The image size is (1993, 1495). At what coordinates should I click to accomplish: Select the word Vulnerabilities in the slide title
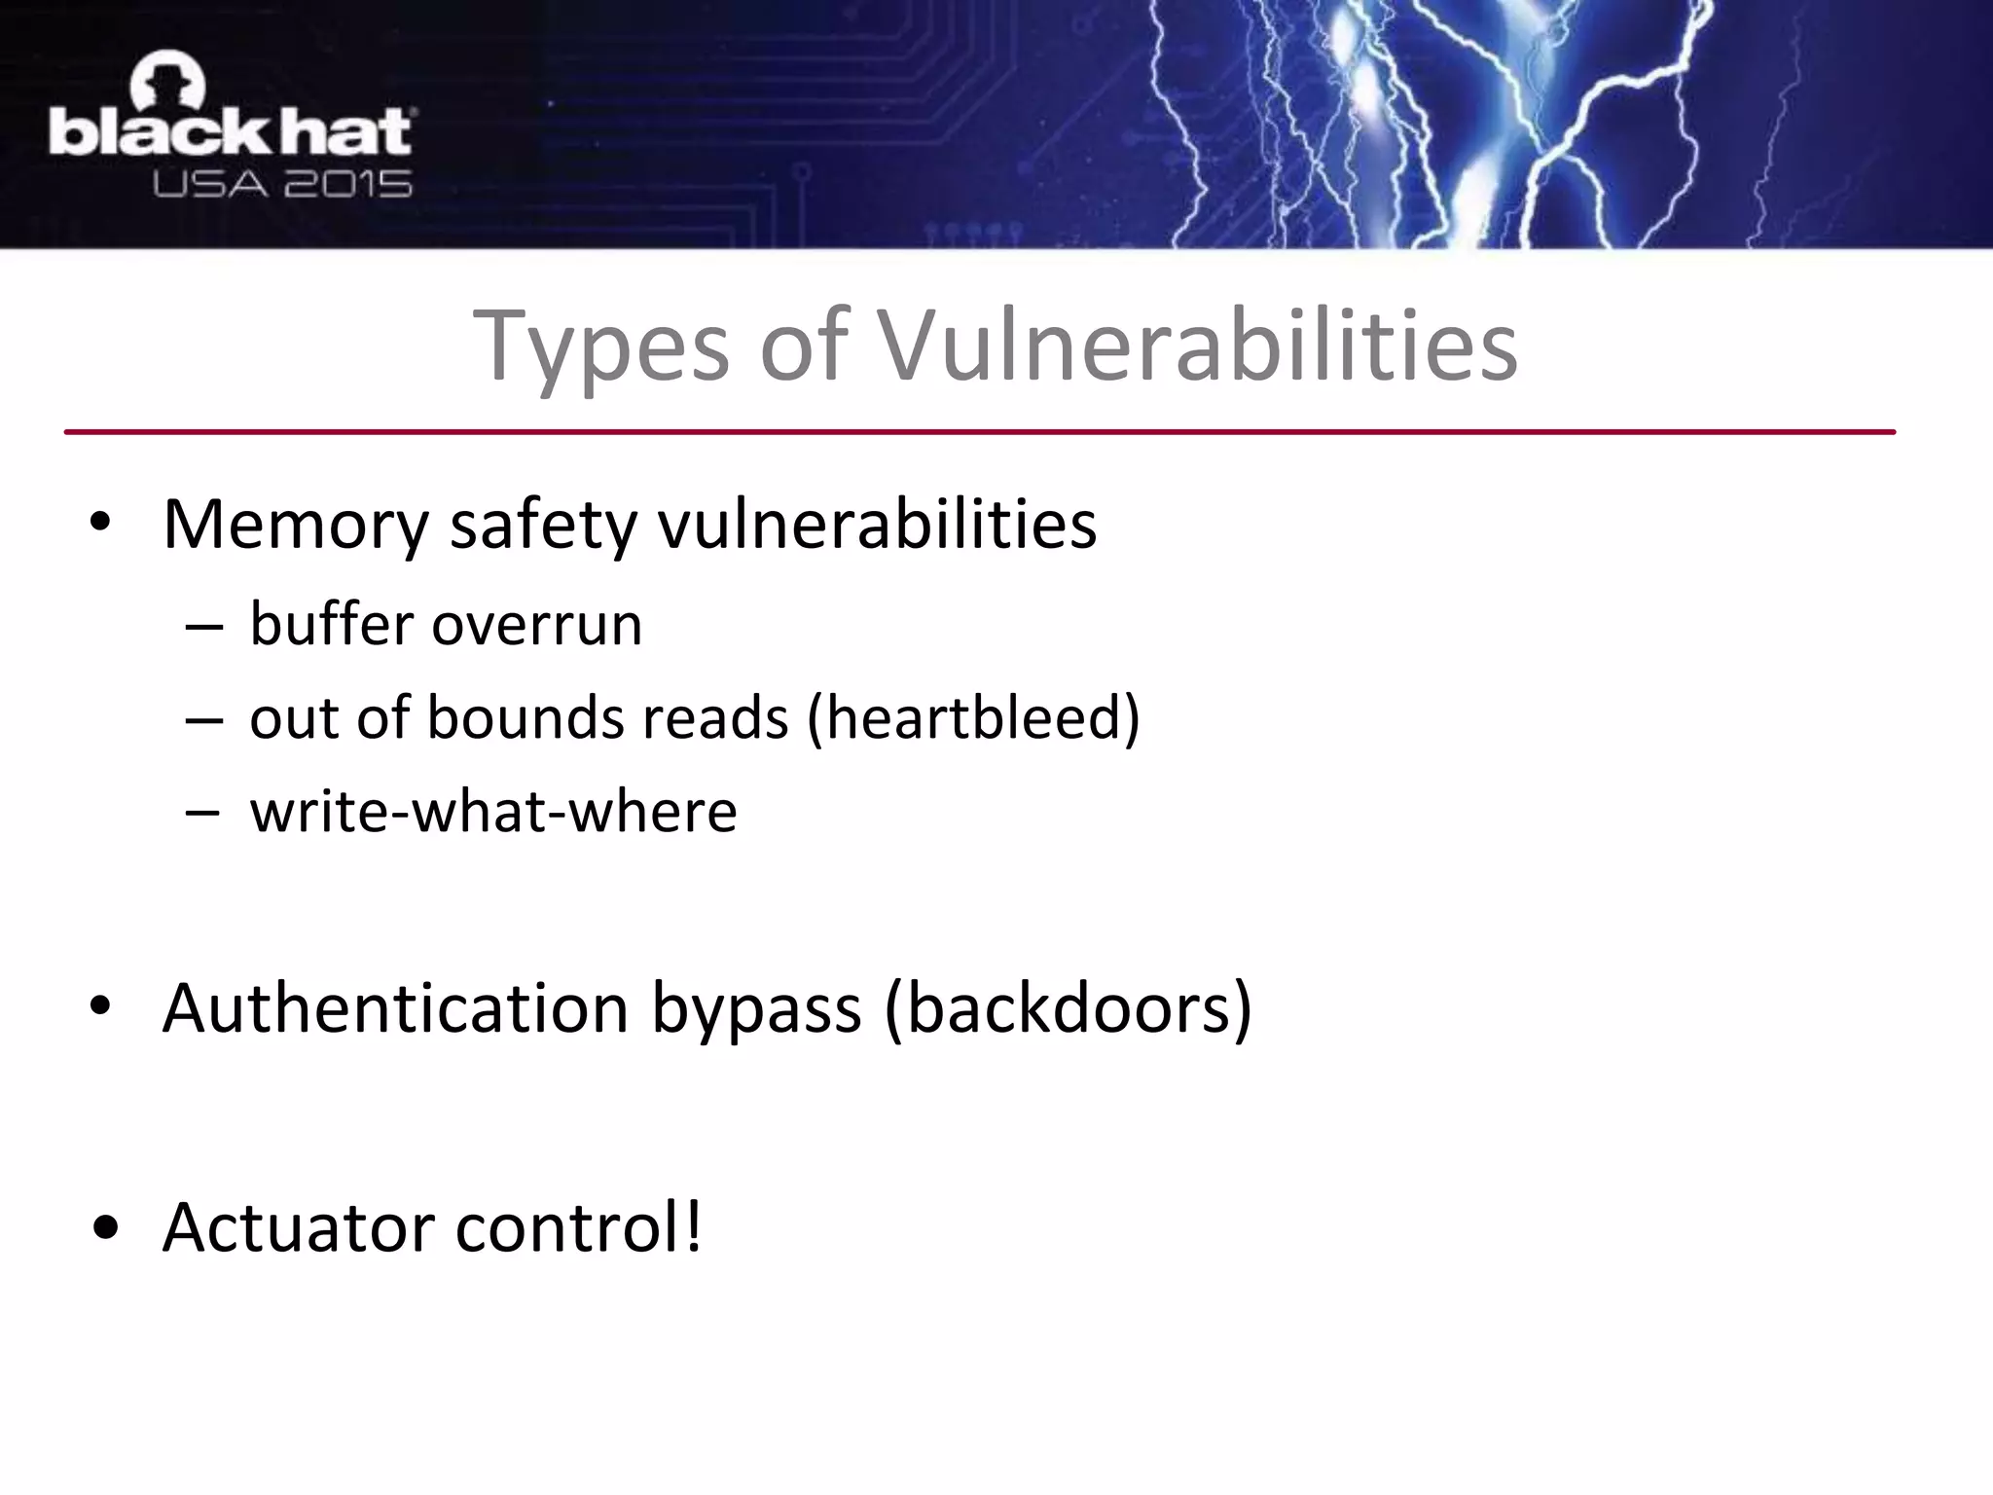coord(1198,346)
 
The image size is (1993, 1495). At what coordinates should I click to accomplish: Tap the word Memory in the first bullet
coord(295,527)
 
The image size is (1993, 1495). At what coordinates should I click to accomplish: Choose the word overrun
coord(537,626)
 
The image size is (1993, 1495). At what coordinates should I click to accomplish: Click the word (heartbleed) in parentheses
coord(974,718)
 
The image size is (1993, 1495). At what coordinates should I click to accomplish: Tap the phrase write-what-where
coord(493,812)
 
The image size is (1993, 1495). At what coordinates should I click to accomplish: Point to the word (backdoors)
coord(1068,1008)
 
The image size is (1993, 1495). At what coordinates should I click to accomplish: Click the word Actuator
coord(298,1228)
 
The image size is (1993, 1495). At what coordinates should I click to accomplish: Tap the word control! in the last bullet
coord(579,1228)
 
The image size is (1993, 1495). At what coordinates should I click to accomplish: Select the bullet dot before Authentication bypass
coord(100,1008)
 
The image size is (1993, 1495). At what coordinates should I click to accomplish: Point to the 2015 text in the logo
coord(348,182)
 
